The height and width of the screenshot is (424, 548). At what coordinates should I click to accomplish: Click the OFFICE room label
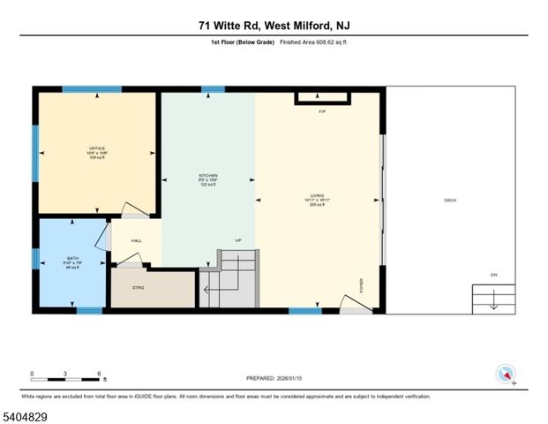click(x=97, y=148)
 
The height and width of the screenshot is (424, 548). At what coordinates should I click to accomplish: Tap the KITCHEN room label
click(x=207, y=176)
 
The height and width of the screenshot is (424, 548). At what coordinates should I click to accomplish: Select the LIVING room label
click(x=317, y=196)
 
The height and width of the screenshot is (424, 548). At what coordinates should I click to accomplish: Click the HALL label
click(x=137, y=240)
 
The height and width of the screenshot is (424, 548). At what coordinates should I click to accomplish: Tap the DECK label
click(x=450, y=201)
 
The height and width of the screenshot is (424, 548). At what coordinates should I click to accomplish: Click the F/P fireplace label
click(x=322, y=111)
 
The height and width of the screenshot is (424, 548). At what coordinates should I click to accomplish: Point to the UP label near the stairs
click(x=237, y=240)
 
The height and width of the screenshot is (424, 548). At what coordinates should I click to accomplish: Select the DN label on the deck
click(x=494, y=275)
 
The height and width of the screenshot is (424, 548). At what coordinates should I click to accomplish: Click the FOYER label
click(x=361, y=285)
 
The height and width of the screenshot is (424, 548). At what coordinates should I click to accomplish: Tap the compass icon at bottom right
click(x=506, y=373)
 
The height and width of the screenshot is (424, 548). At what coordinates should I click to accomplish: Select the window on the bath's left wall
click(x=36, y=258)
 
